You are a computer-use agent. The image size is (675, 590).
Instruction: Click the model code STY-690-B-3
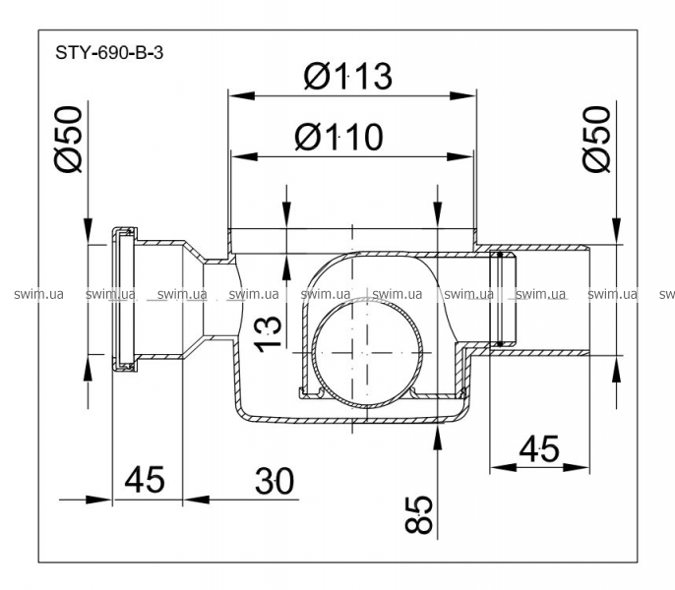tap(109, 53)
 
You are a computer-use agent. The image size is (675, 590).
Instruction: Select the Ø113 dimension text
tap(347, 77)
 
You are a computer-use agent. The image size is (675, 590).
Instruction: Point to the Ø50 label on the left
tap(68, 142)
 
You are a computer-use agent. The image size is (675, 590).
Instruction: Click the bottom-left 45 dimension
tap(144, 481)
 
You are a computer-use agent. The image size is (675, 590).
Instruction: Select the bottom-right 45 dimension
tap(538, 449)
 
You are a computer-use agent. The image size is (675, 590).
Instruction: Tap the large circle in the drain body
tap(365, 350)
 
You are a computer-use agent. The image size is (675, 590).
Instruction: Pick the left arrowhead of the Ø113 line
tap(236, 94)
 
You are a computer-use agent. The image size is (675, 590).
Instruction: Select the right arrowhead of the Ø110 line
tap(462, 155)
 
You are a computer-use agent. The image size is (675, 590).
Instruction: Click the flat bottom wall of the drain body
tap(349, 422)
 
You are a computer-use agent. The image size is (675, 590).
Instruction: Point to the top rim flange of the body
tap(351, 234)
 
